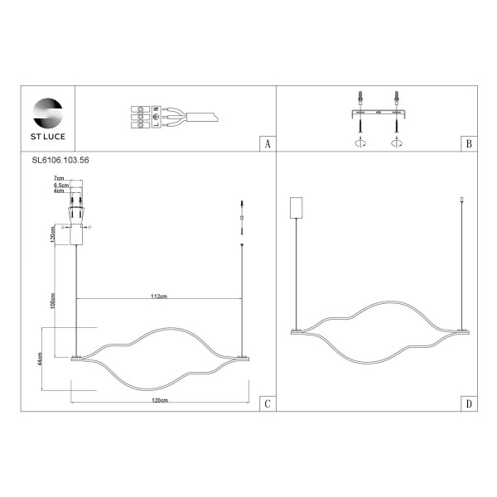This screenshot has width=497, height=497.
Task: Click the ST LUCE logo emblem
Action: pyautogui.click(x=46, y=111)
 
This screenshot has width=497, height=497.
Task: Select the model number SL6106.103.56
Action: pyautogui.click(x=53, y=162)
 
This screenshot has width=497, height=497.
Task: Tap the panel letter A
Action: pyautogui.click(x=266, y=144)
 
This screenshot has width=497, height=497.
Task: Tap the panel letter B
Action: pyautogui.click(x=468, y=144)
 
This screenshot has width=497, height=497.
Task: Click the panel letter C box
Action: pyautogui.click(x=266, y=403)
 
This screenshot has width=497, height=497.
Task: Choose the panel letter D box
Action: pyautogui.click(x=468, y=403)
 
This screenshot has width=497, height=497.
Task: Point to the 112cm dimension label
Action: pyautogui.click(x=159, y=296)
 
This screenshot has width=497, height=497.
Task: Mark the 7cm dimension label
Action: pyautogui.click(x=58, y=178)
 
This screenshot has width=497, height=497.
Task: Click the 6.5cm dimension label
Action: pyautogui.click(x=60, y=186)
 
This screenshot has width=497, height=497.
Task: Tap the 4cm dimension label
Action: pyautogui.click(x=58, y=192)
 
